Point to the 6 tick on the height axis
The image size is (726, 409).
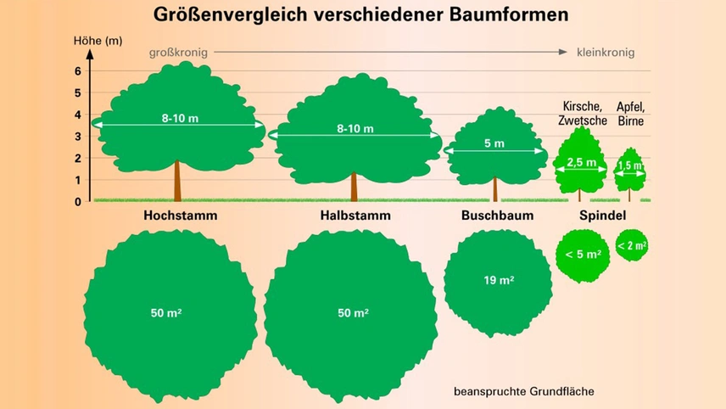pos(77,71)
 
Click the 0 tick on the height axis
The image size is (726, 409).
pos(77,201)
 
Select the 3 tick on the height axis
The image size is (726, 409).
pos(77,137)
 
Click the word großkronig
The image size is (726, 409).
pos(178,52)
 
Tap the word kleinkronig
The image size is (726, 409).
pos(606,52)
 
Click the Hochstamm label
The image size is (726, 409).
pos(180,216)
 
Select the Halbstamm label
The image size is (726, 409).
pos(355,216)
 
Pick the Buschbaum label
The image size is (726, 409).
pos(497,216)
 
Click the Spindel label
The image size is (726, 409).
pos(602,216)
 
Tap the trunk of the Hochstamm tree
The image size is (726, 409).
pos(178,180)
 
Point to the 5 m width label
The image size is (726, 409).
pos(494,144)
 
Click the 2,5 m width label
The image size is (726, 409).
pos(581,162)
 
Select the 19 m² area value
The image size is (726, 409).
pos(498,280)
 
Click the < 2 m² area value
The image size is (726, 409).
pos(632,246)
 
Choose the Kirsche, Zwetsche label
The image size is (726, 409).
pos(582,113)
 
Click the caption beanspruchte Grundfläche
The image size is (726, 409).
pos(523,391)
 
